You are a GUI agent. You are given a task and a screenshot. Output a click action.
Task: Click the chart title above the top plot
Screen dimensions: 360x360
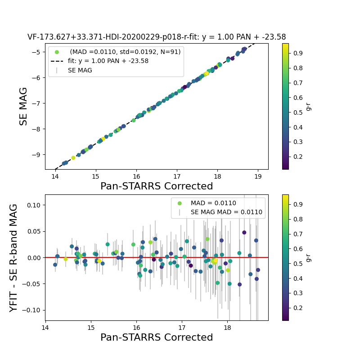pyautogui.click(x=157, y=37)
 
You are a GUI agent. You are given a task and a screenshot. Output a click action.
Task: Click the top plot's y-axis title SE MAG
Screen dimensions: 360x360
pyautogui.click(x=23, y=106)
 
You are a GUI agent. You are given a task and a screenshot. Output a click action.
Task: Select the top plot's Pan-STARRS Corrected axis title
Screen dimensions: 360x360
pyautogui.click(x=157, y=186)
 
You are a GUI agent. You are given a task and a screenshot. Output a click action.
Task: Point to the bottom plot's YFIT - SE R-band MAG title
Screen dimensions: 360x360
pyautogui.click(x=14, y=257)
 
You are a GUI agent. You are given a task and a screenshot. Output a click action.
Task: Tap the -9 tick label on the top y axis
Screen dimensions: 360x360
pyautogui.click(x=35, y=154)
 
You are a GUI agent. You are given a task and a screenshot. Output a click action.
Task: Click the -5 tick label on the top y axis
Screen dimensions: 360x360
pyautogui.click(x=35, y=52)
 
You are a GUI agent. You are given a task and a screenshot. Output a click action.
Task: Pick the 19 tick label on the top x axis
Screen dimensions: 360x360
pyautogui.click(x=258, y=176)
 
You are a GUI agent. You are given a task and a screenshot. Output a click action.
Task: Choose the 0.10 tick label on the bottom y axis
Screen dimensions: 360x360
pyautogui.click(x=32, y=205)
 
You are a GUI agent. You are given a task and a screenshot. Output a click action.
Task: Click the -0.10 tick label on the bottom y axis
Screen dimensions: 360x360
pyautogui.click(x=31, y=310)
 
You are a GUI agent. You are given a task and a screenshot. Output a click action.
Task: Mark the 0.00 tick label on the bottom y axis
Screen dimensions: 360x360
pyautogui.click(x=32, y=257)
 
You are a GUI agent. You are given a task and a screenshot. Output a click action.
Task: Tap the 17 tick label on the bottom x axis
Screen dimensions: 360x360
pyautogui.click(x=182, y=328)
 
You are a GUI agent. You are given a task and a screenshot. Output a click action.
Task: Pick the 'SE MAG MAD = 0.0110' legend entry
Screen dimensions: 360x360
pyautogui.click(x=226, y=212)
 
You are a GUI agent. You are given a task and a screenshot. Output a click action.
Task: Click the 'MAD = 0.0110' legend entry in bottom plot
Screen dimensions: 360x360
pyautogui.click(x=213, y=203)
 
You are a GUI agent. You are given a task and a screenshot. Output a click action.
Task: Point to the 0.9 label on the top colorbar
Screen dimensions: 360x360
pyautogui.click(x=297, y=53)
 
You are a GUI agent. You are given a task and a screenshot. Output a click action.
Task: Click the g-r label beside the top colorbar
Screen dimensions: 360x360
pyautogui.click(x=309, y=106)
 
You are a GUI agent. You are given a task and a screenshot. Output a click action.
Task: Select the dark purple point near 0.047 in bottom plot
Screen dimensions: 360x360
pyautogui.click(x=244, y=233)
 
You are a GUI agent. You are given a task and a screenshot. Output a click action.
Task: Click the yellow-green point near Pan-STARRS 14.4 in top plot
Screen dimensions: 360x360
pyautogui.click(x=73, y=158)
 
